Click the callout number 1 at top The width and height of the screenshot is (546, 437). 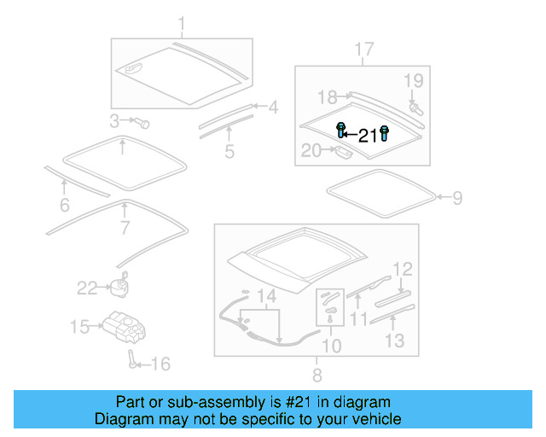click(181, 23)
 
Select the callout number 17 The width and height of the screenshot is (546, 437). click(363, 50)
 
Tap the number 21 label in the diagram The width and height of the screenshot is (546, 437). click(368, 136)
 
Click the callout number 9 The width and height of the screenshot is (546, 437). click(457, 198)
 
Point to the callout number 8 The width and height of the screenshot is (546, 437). click(317, 374)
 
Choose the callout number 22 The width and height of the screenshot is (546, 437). click(88, 288)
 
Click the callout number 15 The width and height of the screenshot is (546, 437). click(79, 326)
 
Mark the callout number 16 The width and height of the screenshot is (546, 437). click(160, 364)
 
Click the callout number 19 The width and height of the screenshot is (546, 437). click(413, 82)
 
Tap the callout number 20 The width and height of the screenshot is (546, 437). click(311, 151)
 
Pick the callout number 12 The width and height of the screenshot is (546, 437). click(403, 269)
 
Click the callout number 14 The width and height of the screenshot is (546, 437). click(268, 296)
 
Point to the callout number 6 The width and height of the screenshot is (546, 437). click(64, 205)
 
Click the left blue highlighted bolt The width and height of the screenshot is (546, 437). click(341, 131)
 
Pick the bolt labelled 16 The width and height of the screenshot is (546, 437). click(133, 358)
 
